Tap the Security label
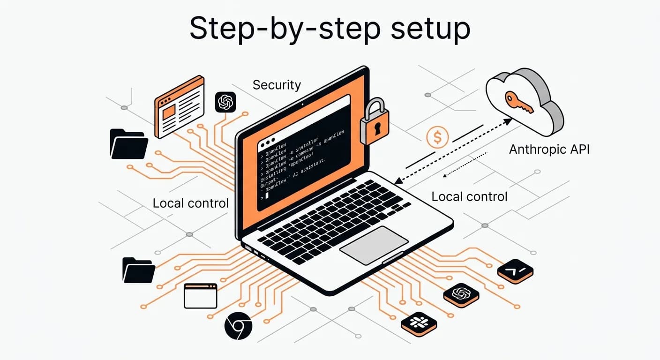click(277, 85)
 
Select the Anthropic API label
click(549, 150)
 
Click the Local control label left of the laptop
click(190, 203)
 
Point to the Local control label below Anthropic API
click(469, 196)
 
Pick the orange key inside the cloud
click(518, 103)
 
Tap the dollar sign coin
click(437, 137)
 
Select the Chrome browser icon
click(238, 325)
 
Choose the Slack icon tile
click(419, 323)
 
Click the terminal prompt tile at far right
click(515, 270)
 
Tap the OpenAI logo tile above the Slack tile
click(461, 294)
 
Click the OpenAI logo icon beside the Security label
click(225, 102)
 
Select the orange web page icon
click(180, 106)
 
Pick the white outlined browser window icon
click(200, 296)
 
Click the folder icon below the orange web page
click(128, 143)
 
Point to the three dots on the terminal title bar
click(267, 142)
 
